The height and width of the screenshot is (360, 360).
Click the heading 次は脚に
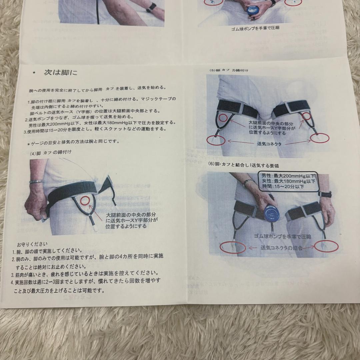click(x=60, y=73)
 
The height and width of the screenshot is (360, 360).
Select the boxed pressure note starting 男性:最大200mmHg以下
click(x=288, y=182)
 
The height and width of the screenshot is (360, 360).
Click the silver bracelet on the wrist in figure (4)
click(x=36, y=182)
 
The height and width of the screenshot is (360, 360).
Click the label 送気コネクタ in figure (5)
click(x=269, y=144)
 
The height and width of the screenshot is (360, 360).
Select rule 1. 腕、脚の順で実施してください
click(x=47, y=251)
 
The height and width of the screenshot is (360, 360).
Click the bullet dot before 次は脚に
click(x=34, y=73)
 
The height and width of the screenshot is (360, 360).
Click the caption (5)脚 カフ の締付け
click(x=229, y=70)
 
